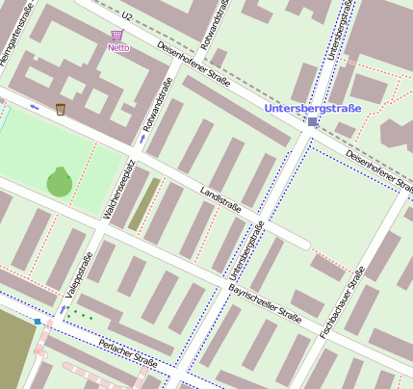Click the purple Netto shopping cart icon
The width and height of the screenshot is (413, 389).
117,36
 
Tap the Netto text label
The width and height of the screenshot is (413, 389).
118,47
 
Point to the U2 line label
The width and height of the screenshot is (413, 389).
127,16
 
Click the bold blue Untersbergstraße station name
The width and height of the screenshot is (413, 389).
313,109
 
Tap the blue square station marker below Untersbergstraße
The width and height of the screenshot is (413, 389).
313,122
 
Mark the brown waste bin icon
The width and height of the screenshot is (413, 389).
61,109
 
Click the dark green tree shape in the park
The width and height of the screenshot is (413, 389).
60,181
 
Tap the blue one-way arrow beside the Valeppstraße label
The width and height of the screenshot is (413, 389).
64,309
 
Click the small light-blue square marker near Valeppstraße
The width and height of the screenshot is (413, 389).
38,322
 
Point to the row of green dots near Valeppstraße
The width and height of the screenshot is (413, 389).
82,314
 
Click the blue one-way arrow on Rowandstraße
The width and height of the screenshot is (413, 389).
142,139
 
